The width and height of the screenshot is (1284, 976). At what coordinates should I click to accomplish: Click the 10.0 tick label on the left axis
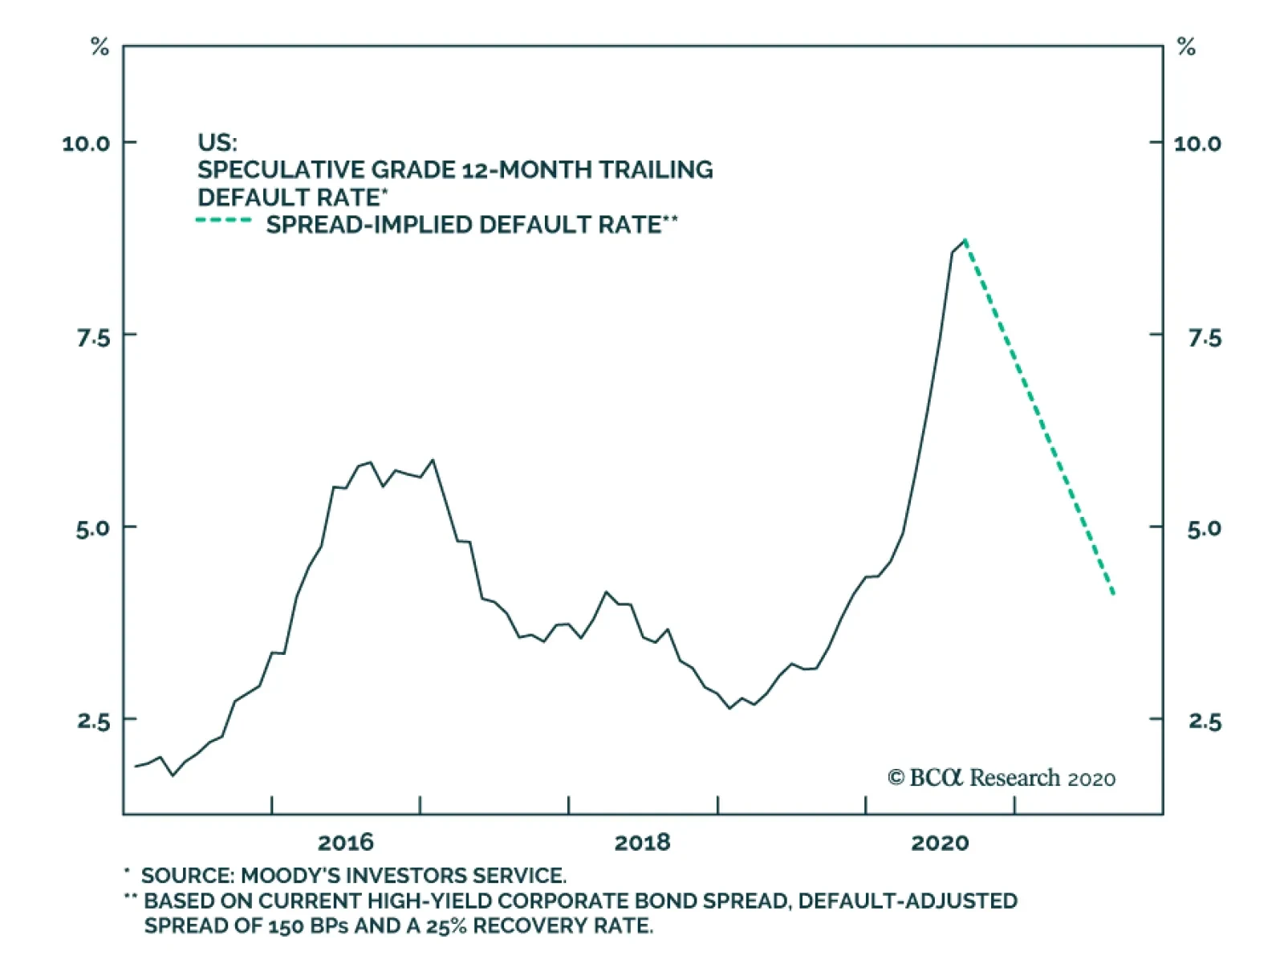(86, 144)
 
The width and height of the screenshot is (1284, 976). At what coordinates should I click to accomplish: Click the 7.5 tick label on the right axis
(1204, 338)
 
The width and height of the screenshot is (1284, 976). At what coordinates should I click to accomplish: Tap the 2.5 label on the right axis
(1204, 722)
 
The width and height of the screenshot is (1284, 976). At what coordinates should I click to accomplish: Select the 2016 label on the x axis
(345, 842)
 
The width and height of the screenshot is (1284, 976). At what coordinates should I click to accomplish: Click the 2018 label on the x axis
(642, 842)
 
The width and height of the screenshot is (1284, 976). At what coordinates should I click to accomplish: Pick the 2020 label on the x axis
(939, 842)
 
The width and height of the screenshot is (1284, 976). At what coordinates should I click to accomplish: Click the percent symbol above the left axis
(100, 47)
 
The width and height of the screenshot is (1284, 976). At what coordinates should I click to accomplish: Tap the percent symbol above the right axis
(1186, 47)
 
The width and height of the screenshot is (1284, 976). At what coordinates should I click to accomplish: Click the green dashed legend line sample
(224, 221)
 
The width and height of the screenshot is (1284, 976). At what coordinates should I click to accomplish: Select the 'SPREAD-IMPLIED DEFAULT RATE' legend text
(464, 225)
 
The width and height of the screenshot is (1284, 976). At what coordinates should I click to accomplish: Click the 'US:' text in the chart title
(217, 143)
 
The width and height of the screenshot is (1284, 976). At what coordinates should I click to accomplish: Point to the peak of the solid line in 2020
(965, 240)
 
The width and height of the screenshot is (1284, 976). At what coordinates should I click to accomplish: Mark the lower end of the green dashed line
(1114, 594)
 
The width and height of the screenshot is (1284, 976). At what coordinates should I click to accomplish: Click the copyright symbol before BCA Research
(896, 778)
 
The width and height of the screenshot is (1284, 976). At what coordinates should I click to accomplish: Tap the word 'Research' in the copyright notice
(1015, 778)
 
